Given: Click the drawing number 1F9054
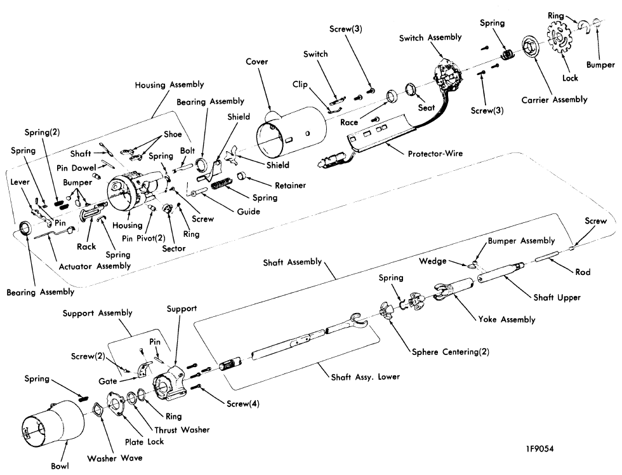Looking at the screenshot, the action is coord(540,449).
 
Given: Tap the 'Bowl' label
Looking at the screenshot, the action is coord(60,466).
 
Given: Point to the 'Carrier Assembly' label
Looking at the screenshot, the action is coord(554,100).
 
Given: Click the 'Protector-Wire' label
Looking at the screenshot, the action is coord(435,153).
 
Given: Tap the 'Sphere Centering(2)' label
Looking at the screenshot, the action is coord(450,352).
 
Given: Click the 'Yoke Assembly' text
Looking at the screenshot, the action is coord(506,319).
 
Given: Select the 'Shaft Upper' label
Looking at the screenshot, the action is coord(557,297).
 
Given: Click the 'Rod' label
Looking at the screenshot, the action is coord(583,272).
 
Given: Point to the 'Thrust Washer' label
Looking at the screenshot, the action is coord(182,430).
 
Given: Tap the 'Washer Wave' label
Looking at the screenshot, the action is coord(115,458).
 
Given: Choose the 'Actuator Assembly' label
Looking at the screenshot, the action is coord(95,266).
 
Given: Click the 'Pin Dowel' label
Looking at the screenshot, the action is coord(76,168).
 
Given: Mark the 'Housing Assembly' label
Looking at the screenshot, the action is coord(169,84).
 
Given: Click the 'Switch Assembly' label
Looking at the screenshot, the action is coord(430,37).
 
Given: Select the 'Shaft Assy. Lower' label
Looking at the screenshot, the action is coord(366,377).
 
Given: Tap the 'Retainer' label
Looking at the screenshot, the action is coord(291,185).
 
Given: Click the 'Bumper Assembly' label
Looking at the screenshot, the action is coord(521,241).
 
